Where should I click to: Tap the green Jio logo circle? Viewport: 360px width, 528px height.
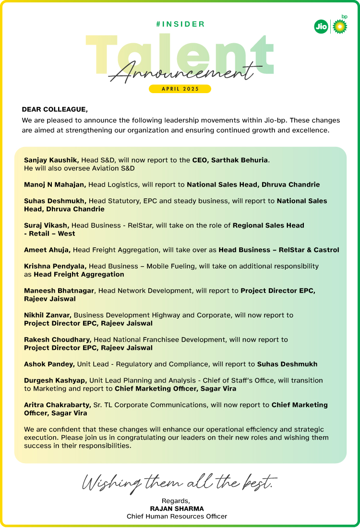(321, 27)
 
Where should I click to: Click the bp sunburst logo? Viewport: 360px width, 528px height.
(340, 26)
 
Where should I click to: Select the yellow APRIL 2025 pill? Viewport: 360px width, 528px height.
(180, 89)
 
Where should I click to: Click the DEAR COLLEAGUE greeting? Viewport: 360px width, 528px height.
(55, 109)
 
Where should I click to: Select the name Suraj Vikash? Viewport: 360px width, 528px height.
(47, 225)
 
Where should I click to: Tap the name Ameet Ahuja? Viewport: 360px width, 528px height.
(47, 250)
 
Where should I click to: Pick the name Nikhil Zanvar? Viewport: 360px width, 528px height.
(48, 315)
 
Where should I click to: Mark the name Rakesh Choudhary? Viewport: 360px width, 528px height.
(58, 339)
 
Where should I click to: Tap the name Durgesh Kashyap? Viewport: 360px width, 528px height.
(56, 380)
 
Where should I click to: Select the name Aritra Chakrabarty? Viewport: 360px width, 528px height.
(57, 405)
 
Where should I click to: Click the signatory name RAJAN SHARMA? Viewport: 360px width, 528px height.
(177, 508)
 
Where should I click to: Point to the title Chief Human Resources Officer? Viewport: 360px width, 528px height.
(177, 516)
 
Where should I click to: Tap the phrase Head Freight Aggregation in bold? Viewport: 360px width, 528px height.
(79, 275)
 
